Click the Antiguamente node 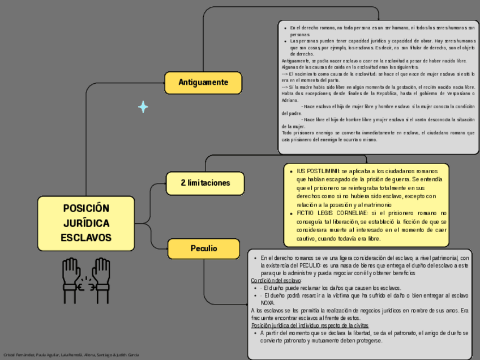(203, 83)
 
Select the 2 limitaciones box (205, 183)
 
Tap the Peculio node (204, 248)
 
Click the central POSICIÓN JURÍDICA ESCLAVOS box (86, 223)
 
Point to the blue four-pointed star (143, 106)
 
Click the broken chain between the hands (87, 285)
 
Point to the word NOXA (268, 303)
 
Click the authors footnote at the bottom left (71, 355)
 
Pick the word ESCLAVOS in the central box (86, 238)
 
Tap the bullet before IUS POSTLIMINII (291, 171)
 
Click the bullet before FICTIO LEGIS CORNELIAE (291, 213)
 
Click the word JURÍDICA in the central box (86, 223)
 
